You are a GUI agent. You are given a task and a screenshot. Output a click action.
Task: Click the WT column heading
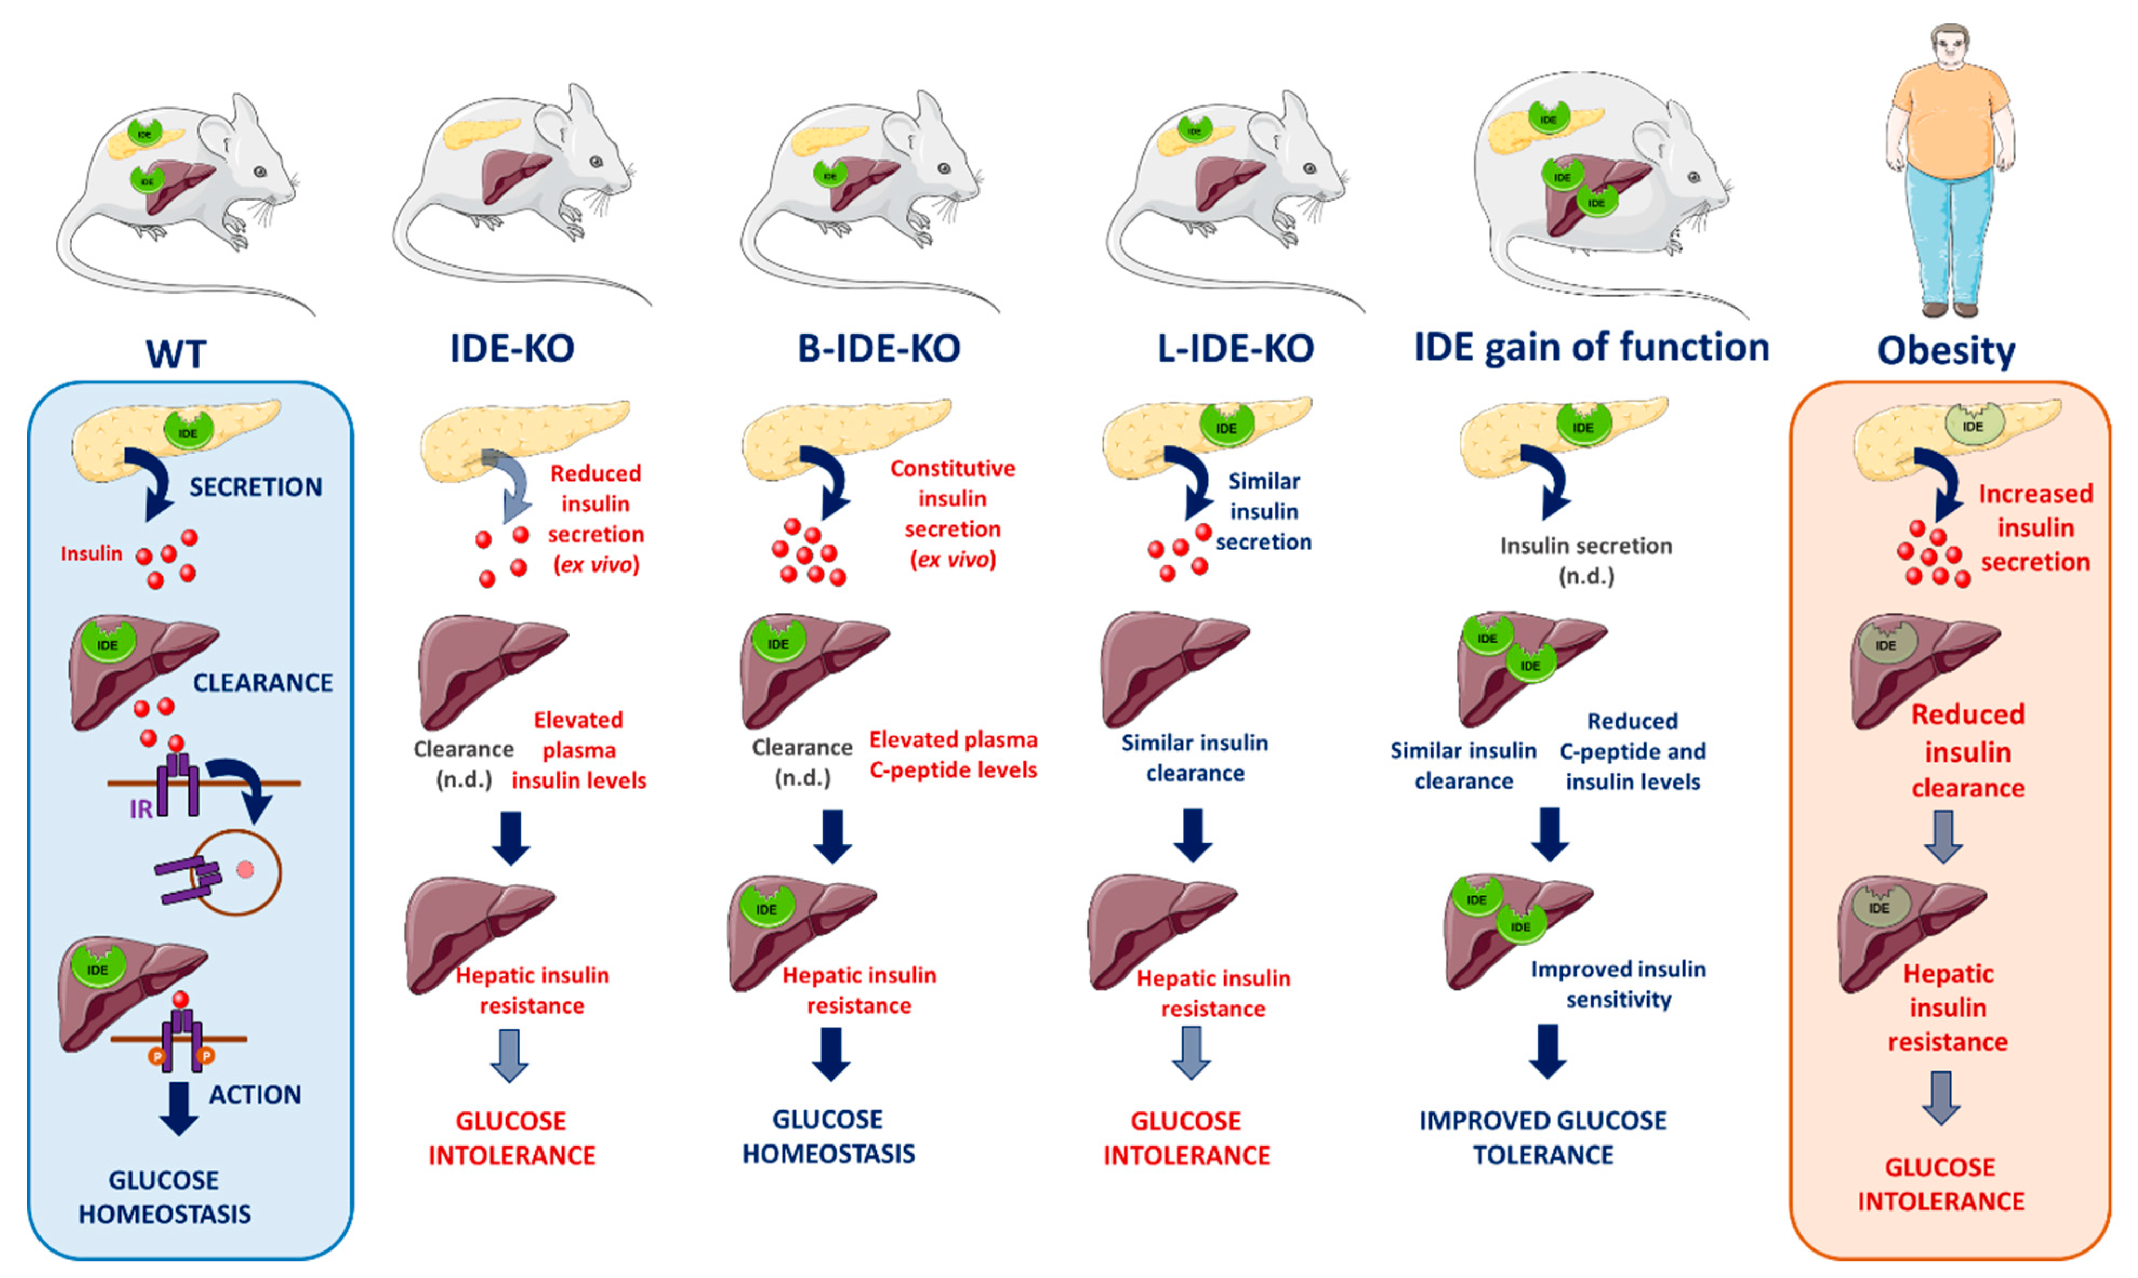tap(176, 353)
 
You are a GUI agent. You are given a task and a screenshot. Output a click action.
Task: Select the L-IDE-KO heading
tap(1234, 348)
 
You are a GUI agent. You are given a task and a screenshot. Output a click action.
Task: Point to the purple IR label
tap(141, 809)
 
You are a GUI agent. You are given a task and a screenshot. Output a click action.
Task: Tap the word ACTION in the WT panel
tap(255, 1095)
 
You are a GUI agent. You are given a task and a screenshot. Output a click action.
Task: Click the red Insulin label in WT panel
tap(91, 554)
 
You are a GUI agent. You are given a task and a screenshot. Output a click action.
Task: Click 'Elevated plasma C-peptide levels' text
tap(952, 754)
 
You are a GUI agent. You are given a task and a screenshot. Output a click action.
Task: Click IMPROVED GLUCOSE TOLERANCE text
tap(1543, 1137)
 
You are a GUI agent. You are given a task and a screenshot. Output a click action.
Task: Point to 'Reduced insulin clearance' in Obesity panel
tap(1968, 751)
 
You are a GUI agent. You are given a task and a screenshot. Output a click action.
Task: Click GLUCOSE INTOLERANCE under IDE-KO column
tap(512, 1137)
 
